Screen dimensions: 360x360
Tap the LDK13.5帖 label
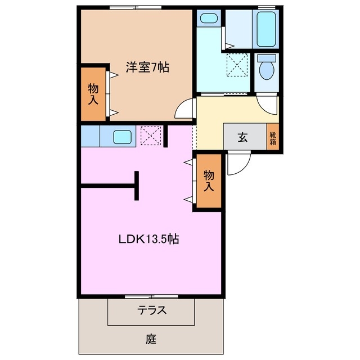click(x=148, y=238)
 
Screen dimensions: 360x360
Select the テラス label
click(x=151, y=310)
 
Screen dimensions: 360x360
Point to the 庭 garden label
click(x=151, y=339)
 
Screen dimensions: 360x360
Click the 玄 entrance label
click(x=242, y=137)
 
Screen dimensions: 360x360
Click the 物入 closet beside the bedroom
click(x=93, y=94)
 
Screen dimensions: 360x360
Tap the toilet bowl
click(x=265, y=70)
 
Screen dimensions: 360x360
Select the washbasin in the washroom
click(x=209, y=19)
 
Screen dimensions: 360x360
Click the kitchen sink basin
click(x=122, y=136)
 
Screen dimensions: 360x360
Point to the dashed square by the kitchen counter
click(x=150, y=135)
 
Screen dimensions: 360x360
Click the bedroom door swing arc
click(x=184, y=109)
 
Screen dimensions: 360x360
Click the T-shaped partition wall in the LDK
click(x=136, y=185)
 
